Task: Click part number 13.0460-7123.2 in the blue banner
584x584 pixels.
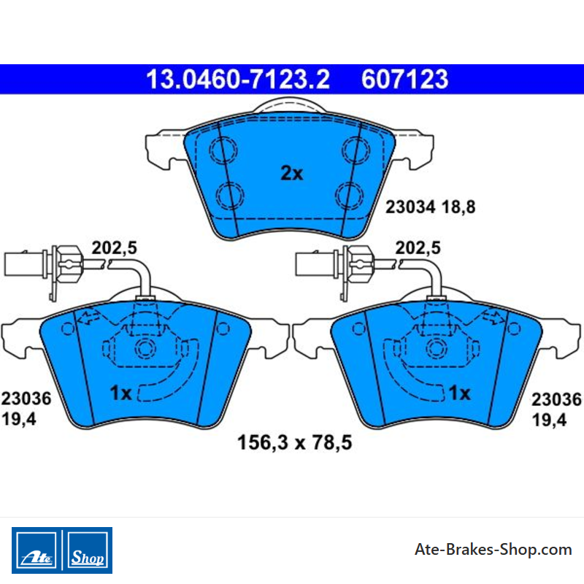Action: [x=238, y=80]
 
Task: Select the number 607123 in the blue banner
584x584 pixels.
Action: [x=405, y=80]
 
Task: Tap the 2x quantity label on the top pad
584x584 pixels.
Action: [x=291, y=173]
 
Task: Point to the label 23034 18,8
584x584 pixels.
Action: [x=430, y=207]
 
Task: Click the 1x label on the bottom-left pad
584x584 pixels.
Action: [x=120, y=393]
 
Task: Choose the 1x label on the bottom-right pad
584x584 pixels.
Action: [x=460, y=393]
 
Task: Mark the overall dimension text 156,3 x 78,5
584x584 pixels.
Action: [x=295, y=443]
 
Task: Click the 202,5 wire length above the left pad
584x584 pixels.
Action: [x=115, y=247]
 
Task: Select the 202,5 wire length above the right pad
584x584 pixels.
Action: [x=418, y=247]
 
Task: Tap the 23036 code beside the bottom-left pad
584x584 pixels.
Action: [x=26, y=399]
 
